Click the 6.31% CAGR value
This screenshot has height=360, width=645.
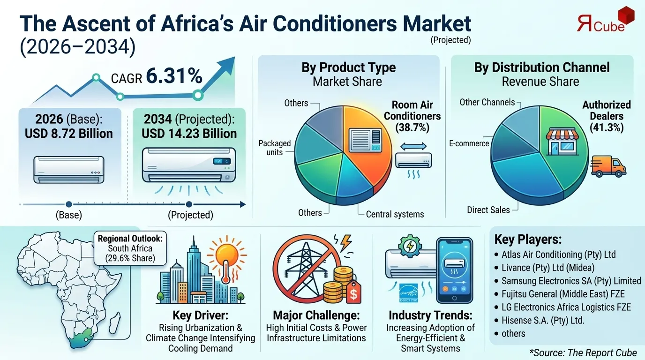tap(174, 76)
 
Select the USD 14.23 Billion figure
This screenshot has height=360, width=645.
tap(189, 134)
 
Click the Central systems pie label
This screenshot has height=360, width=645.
tap(395, 214)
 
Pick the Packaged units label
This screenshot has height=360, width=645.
tap(275, 147)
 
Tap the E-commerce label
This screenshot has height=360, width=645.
tap(469, 143)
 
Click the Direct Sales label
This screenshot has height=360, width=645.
tap(488, 210)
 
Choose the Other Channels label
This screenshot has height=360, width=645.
tap(487, 102)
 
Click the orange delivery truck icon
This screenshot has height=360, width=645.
tap(608, 167)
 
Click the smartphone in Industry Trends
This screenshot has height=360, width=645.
tap(454, 270)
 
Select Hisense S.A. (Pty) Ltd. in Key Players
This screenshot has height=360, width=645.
tap(542, 321)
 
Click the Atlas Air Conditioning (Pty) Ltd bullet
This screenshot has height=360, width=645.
tap(558, 255)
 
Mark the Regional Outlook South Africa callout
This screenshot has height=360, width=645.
tap(130, 248)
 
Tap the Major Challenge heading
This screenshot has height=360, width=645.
tap(316, 315)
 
